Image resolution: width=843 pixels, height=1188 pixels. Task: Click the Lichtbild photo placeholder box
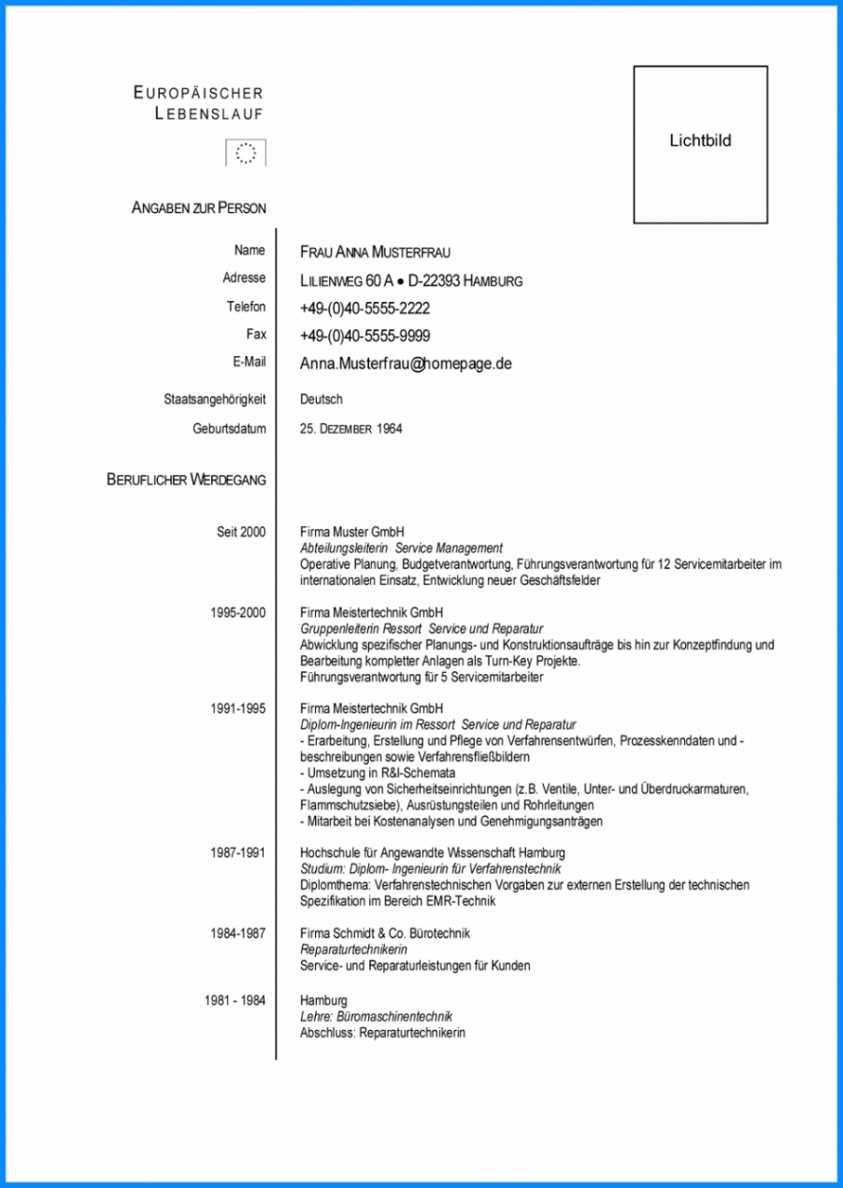click(700, 144)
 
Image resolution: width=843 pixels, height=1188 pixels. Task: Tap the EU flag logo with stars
click(246, 152)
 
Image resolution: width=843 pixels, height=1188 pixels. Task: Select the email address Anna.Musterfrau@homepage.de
click(406, 364)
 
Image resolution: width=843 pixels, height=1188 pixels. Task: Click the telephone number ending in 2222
click(364, 308)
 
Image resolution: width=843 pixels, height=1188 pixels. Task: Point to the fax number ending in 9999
click(364, 336)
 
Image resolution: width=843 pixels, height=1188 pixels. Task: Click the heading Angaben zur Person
click(199, 208)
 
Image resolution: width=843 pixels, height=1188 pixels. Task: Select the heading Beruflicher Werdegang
click(186, 479)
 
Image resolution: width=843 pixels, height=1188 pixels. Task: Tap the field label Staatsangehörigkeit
click(214, 399)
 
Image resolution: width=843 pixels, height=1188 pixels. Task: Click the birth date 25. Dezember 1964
click(351, 429)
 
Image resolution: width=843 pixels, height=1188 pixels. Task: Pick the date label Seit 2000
click(241, 532)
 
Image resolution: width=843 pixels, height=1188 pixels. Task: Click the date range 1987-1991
click(237, 852)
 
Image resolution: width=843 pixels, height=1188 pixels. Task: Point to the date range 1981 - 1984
click(235, 1001)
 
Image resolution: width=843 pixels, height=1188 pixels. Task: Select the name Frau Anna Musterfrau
click(375, 252)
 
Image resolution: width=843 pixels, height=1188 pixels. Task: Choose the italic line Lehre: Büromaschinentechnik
click(376, 1017)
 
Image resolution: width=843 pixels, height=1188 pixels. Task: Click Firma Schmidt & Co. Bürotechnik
click(385, 934)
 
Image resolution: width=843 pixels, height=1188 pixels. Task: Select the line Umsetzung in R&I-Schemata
click(378, 773)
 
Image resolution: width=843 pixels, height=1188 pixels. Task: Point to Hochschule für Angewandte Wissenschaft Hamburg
click(432, 852)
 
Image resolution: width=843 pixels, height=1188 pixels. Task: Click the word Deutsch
click(321, 399)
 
